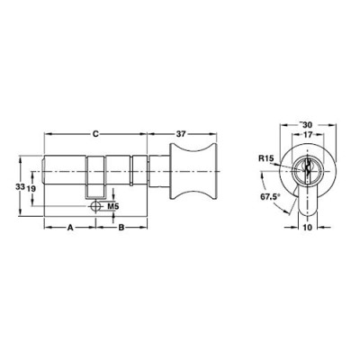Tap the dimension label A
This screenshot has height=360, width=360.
(69, 228)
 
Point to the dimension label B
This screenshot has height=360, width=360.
(121, 228)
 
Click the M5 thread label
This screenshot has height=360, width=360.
(113, 208)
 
